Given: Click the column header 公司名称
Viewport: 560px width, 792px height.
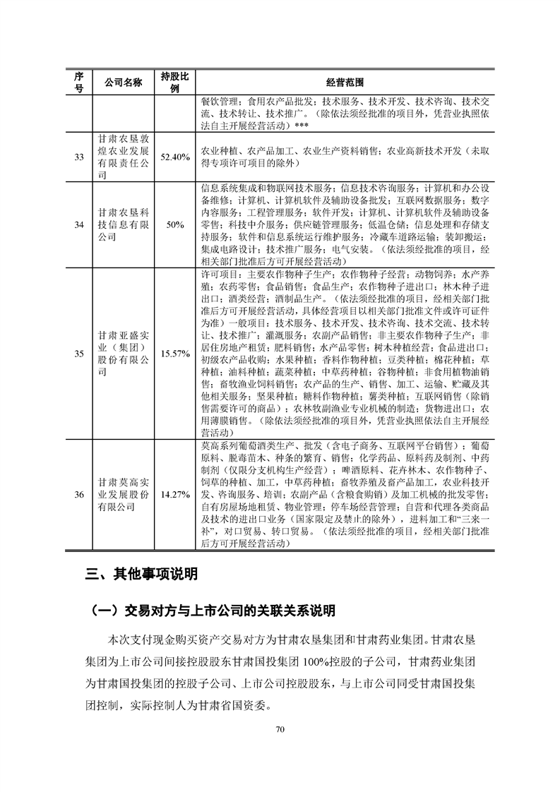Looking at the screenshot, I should click(x=123, y=82).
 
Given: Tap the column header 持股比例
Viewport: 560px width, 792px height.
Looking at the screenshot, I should click(x=175, y=82).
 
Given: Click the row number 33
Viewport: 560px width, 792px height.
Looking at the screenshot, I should click(x=80, y=157).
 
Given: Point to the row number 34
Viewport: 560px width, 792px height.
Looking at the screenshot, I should click(x=80, y=224).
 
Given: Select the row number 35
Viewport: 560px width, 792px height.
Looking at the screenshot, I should click(x=80, y=353).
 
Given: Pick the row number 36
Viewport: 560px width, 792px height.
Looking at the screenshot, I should click(x=80, y=494).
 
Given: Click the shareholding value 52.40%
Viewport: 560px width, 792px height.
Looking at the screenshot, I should click(x=175, y=157).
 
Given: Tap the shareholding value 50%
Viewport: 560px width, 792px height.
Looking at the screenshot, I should click(x=175, y=224).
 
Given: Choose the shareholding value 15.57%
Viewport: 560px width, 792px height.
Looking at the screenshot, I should click(x=175, y=353).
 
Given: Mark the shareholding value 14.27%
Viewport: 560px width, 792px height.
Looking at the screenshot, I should click(x=175, y=494).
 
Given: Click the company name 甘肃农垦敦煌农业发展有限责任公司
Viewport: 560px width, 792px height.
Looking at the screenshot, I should click(x=123, y=157).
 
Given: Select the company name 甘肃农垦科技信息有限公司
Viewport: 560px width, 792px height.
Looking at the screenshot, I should click(x=123, y=224).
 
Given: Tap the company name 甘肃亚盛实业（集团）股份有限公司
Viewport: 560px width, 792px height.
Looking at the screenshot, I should click(x=123, y=353).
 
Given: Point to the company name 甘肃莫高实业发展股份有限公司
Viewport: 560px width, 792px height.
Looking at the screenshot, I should click(x=123, y=494).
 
